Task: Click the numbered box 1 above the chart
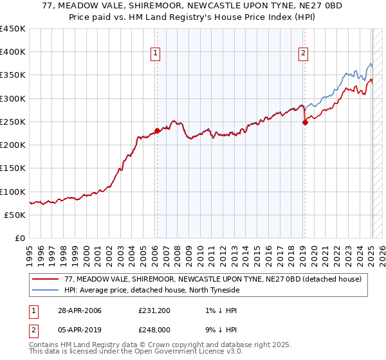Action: click(156, 54)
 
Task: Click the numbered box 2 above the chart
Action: click(303, 54)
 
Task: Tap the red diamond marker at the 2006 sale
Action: click(157, 130)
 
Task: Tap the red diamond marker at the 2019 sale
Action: click(305, 123)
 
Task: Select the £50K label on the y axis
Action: click(15, 215)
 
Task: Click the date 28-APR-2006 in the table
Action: click(78, 310)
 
